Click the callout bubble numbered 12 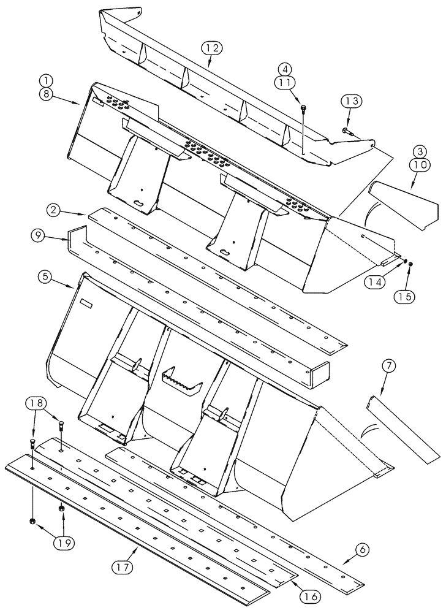pyautogui.click(x=210, y=48)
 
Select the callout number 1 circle pyautogui.click(x=46, y=80)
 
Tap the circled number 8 pyautogui.click(x=46, y=94)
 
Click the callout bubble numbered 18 pyautogui.click(x=34, y=403)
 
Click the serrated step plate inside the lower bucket pyautogui.click(x=182, y=380)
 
